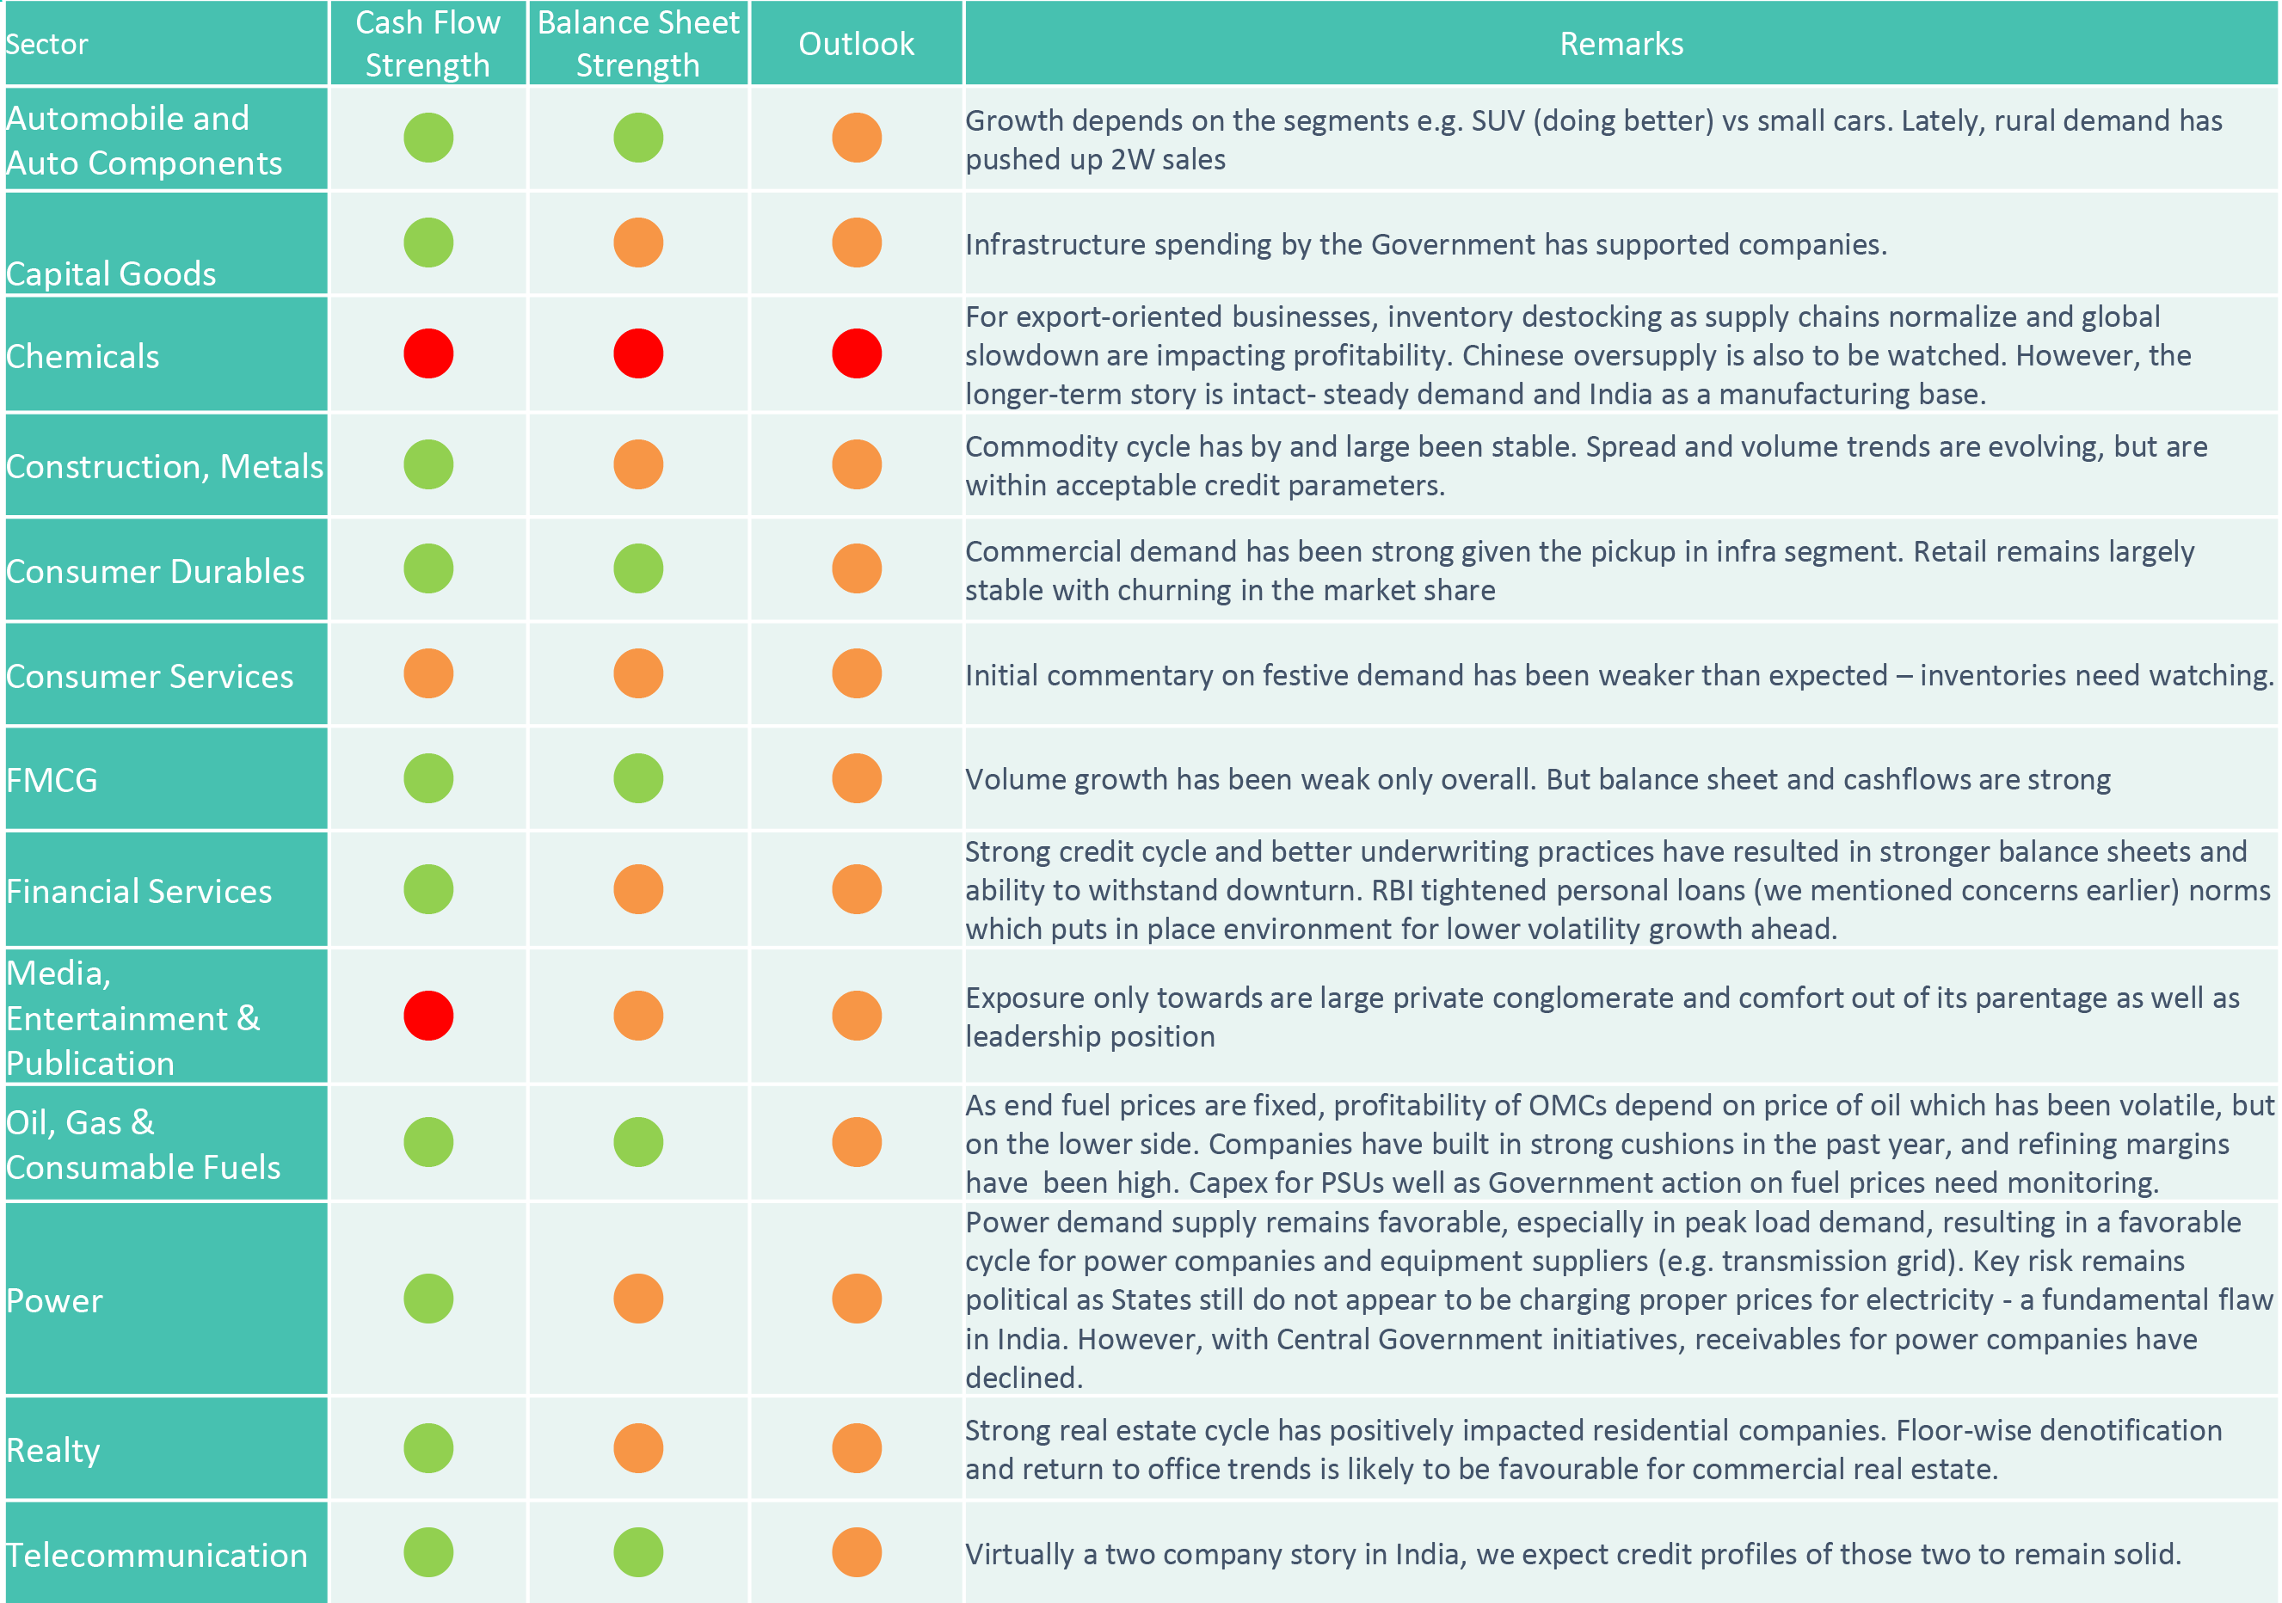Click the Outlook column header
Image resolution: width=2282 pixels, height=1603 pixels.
[x=856, y=44]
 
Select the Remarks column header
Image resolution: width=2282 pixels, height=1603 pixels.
[x=1621, y=44]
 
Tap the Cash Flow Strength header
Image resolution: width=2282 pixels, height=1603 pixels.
[x=427, y=44]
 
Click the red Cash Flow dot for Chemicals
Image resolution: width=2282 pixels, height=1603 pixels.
[x=428, y=353]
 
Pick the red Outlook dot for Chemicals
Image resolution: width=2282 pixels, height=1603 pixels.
[x=857, y=353]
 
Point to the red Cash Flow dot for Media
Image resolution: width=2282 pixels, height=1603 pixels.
[x=428, y=1016]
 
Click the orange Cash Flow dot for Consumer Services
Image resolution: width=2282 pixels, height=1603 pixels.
[x=428, y=674]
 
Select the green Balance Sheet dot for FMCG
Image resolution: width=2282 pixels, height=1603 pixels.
[x=638, y=778]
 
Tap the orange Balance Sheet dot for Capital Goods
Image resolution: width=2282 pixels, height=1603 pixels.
[x=638, y=243]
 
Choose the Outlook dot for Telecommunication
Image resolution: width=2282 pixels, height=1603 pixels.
[x=857, y=1552]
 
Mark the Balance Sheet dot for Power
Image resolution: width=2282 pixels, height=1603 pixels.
[x=638, y=1299]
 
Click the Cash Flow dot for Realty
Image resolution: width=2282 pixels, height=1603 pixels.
[x=428, y=1448]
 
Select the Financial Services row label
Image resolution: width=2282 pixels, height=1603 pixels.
[x=139, y=892]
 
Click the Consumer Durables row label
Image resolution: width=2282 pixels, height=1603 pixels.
[x=155, y=571]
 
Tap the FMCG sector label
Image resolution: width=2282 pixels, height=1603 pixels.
[x=52, y=780]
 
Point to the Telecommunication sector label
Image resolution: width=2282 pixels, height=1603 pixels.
[x=157, y=1556]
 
